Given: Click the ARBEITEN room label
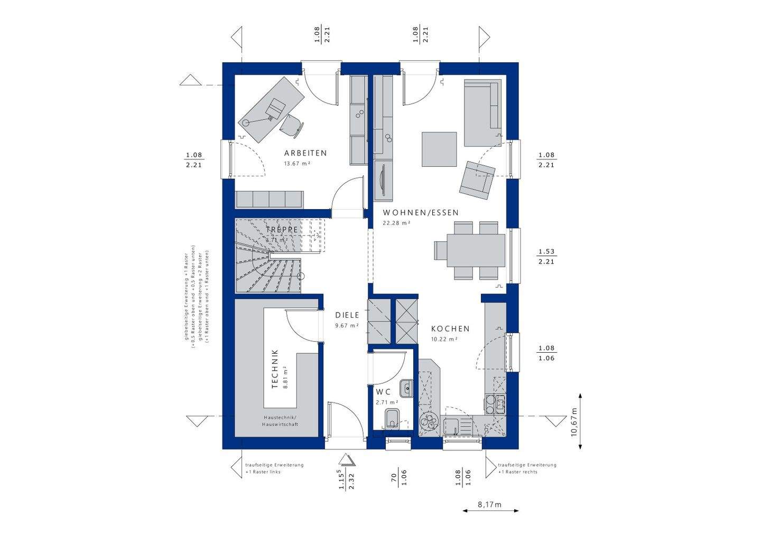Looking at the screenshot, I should pyautogui.click(x=305, y=153).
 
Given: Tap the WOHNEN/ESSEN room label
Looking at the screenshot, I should pyautogui.click(x=421, y=213).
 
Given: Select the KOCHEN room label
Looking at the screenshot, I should pyautogui.click(x=450, y=328).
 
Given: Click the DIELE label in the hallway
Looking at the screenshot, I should pyautogui.click(x=347, y=315).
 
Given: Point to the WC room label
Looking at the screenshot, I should pyautogui.click(x=383, y=392).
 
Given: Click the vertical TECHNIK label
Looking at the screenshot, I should pyautogui.click(x=274, y=369).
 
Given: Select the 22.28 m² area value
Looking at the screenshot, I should pyautogui.click(x=396, y=223).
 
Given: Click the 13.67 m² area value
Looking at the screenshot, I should pyautogui.click(x=297, y=164).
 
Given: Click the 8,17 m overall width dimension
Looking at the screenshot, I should pyautogui.click(x=490, y=505).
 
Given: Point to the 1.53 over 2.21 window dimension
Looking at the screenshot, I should pyautogui.click(x=546, y=257).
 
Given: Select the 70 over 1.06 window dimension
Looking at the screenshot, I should pyautogui.click(x=398, y=477).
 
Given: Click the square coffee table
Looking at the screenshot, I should pyautogui.click(x=439, y=149).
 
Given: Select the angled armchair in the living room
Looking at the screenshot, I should pyautogui.click(x=477, y=179).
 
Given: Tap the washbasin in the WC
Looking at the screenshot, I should pyautogui.click(x=406, y=389).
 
